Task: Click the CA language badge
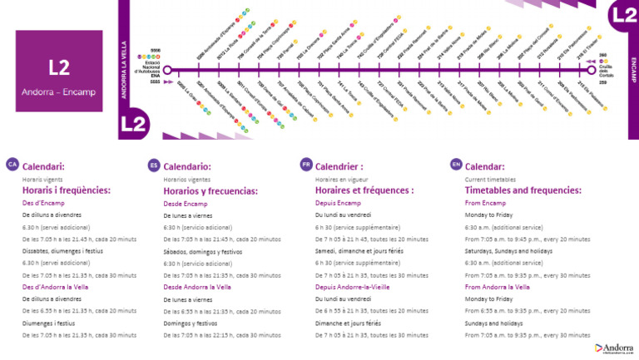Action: (12, 165)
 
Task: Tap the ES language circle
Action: (153, 165)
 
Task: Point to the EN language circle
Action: (455, 165)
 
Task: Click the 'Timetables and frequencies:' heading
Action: (523, 190)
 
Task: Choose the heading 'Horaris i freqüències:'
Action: (66, 190)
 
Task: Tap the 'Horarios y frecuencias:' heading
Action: (211, 191)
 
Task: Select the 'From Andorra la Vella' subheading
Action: (497, 287)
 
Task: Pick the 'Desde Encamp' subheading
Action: (186, 203)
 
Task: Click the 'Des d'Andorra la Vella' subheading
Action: (55, 287)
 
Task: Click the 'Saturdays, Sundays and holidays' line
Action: (508, 251)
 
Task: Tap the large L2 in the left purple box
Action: (59, 67)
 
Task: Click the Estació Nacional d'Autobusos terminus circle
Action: (167, 70)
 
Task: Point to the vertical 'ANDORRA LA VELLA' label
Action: (124, 70)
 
